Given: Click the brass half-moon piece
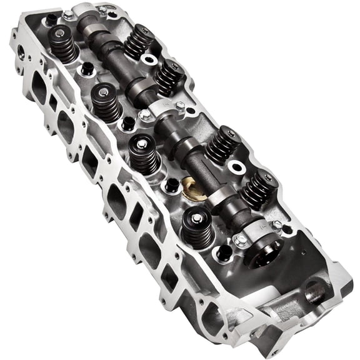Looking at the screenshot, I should pyautogui.click(x=191, y=186).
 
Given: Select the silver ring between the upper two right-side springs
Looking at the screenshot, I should pyautogui.click(x=149, y=59).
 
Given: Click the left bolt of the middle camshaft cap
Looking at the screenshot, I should pyautogui.click(x=144, y=114).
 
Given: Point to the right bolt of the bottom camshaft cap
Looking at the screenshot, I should pyautogui.click(x=276, y=224).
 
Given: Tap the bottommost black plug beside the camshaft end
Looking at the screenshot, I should pyautogui.click(x=222, y=253).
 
